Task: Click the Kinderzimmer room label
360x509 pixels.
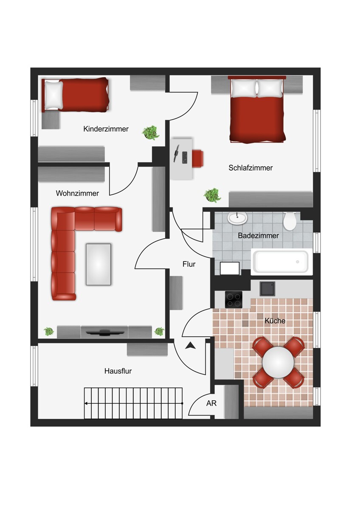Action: click(x=106, y=129)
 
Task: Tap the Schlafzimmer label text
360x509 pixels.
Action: click(x=250, y=168)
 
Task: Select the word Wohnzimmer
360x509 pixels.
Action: click(x=77, y=193)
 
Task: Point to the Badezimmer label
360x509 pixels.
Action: click(x=259, y=236)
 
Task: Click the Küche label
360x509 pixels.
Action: click(x=275, y=321)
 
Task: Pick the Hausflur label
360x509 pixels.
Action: click(x=118, y=371)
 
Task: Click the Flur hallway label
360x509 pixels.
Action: click(x=189, y=264)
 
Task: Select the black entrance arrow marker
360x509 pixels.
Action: click(x=190, y=346)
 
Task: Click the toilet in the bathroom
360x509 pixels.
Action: click(x=290, y=221)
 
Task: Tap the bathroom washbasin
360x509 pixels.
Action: click(x=237, y=218)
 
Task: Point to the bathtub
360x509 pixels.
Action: click(x=281, y=262)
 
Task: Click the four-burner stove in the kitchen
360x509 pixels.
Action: click(x=233, y=299)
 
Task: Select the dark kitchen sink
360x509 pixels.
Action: click(x=267, y=289)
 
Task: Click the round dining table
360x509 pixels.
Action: click(x=278, y=362)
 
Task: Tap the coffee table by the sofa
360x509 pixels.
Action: click(x=98, y=264)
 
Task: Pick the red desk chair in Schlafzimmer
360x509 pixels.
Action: click(x=197, y=158)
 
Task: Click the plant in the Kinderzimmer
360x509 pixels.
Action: click(x=150, y=132)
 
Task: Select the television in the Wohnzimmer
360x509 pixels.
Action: click(x=105, y=333)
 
